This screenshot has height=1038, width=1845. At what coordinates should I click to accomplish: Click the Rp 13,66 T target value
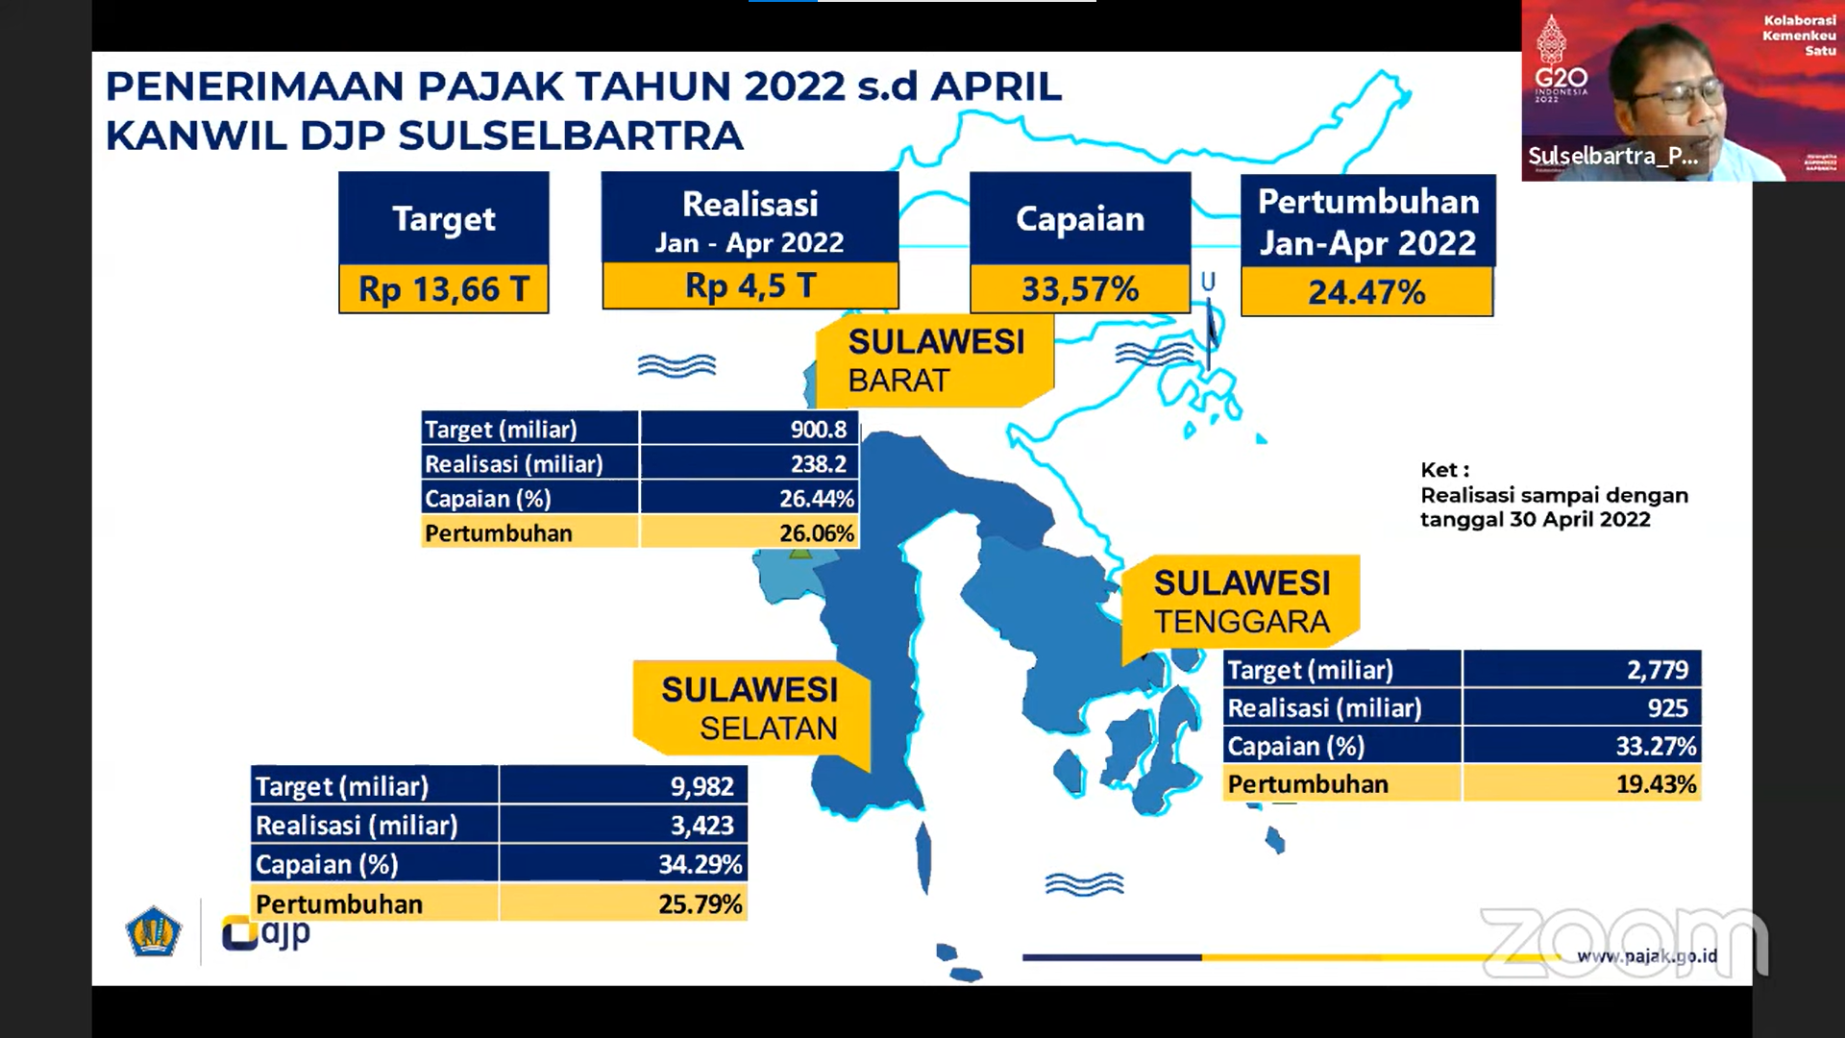click(444, 289)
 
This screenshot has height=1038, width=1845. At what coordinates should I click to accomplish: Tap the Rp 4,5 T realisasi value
click(750, 286)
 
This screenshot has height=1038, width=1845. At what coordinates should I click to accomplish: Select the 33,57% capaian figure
click(1080, 289)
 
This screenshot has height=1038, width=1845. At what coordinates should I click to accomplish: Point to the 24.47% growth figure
click(1366, 292)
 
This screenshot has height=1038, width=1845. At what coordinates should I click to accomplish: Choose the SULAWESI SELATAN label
click(750, 709)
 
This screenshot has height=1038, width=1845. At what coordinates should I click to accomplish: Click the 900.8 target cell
click(819, 430)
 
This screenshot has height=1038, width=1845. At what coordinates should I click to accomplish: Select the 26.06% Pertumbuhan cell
click(817, 533)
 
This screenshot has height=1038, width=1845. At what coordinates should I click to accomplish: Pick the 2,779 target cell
click(1658, 670)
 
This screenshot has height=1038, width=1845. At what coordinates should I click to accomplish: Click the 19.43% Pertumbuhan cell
click(1656, 784)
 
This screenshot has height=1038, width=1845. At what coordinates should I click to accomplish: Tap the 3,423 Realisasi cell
click(702, 826)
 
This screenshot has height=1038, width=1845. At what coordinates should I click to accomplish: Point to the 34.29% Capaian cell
click(701, 865)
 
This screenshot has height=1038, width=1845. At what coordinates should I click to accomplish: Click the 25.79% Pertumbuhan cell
click(701, 904)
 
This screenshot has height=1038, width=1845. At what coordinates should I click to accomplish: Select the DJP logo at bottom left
click(266, 932)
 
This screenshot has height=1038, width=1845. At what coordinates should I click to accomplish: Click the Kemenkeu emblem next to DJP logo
click(154, 931)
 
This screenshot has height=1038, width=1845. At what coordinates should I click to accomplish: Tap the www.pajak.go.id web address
click(1647, 956)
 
